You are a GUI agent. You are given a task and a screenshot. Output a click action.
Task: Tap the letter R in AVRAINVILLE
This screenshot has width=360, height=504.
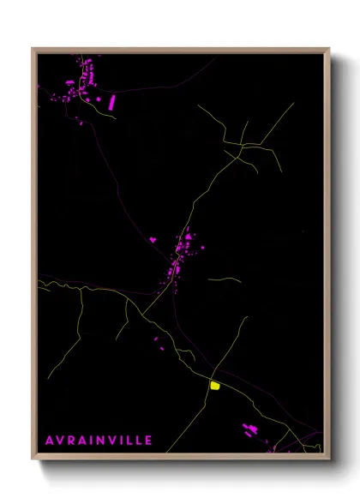coord(73,440)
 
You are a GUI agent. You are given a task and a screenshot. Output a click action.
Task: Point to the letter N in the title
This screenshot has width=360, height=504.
coord(102,440)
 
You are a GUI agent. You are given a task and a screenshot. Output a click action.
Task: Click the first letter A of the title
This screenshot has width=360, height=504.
coord(50,440)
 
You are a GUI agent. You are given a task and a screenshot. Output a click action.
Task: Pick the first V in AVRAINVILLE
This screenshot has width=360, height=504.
coord(61,440)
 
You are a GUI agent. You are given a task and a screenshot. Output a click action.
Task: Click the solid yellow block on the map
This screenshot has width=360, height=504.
coord(214,386)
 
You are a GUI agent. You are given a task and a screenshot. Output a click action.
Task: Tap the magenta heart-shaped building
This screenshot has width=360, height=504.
coord(153,240)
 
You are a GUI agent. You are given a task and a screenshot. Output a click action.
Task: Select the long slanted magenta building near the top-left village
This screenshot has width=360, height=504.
coord(111,102)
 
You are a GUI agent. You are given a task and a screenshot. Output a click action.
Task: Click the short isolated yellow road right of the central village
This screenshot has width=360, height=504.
coord(224,279)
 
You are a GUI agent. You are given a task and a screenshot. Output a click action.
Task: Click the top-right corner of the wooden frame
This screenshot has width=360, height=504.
coord(329,48)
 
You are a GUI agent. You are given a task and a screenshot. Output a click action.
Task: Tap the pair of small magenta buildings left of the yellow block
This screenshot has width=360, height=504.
coord(159,344)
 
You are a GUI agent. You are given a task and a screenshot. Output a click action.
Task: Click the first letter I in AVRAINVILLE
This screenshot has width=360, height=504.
coord(94,440)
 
